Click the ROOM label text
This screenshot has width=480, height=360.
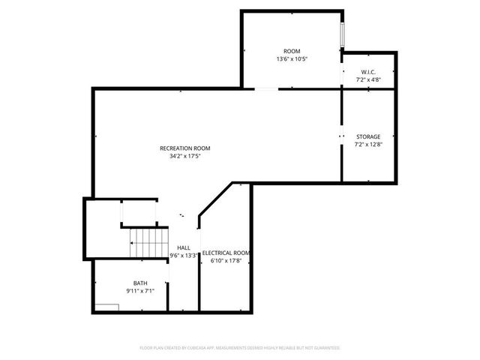(x=291, y=50)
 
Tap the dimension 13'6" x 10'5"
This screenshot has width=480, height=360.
(x=291, y=58)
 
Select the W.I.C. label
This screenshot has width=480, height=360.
(x=368, y=71)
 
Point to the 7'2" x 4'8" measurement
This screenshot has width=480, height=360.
(x=368, y=79)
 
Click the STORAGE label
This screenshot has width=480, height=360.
(x=368, y=136)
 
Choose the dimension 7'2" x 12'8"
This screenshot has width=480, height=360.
(x=368, y=145)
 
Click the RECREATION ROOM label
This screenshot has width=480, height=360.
(x=185, y=148)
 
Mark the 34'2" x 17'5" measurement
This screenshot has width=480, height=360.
(x=185, y=157)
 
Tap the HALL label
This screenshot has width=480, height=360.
(x=184, y=247)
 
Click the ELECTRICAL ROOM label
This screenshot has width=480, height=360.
(x=226, y=253)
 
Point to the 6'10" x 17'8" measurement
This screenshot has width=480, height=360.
(x=226, y=262)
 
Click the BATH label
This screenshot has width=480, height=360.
(x=140, y=283)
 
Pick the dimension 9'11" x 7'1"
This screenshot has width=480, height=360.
(x=140, y=291)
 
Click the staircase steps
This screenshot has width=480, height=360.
(x=148, y=241)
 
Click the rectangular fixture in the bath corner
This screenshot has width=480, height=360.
(x=108, y=306)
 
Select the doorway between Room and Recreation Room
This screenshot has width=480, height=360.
(x=266, y=89)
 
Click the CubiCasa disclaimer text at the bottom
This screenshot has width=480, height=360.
(x=240, y=348)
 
